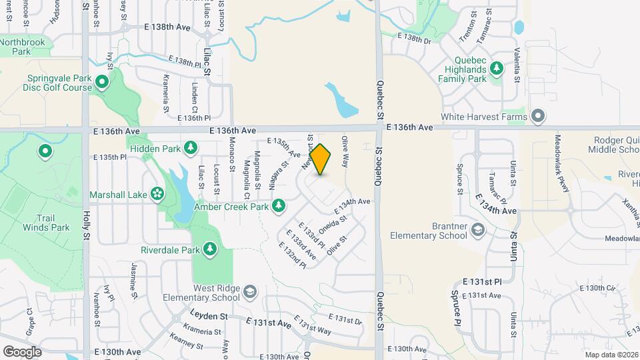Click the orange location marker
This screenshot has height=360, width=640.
pos(321,159)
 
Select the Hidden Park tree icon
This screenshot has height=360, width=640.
pos(191,148)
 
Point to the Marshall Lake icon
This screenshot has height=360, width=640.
pos(157,195)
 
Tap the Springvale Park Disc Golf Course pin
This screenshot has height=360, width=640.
pos(102,83)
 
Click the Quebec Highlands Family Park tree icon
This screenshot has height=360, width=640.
pos(496,68)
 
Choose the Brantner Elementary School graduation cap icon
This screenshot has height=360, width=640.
pos(478,230)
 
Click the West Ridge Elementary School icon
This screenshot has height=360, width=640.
pos(249,292)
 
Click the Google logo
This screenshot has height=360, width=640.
pos(22,351)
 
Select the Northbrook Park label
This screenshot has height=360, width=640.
pos(24,47)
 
